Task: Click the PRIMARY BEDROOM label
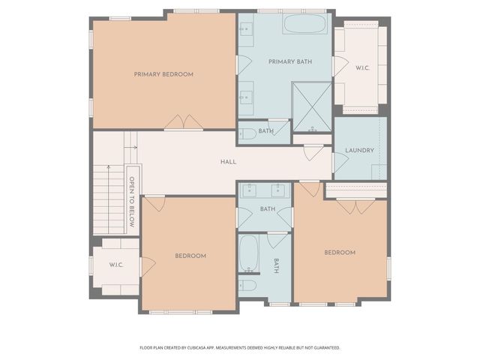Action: (x=163, y=74)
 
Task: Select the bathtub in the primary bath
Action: (x=304, y=24)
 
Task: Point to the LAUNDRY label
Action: (x=359, y=151)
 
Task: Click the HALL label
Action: (x=228, y=162)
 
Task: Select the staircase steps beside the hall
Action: (x=107, y=199)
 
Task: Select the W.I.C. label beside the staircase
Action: (x=115, y=264)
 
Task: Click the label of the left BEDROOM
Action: (x=190, y=256)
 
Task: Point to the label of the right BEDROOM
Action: (x=339, y=252)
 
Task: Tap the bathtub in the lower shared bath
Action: (x=248, y=255)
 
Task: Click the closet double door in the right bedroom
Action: (x=351, y=205)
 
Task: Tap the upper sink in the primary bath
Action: (x=246, y=30)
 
